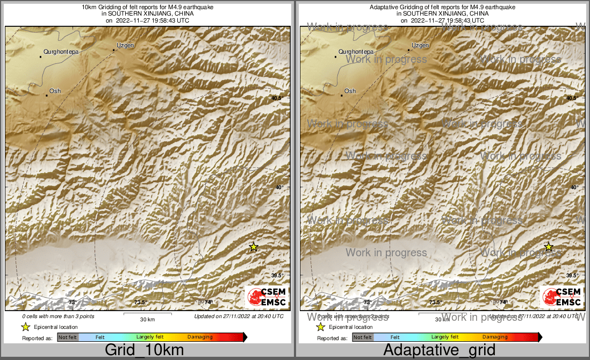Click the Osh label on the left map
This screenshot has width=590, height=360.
55,91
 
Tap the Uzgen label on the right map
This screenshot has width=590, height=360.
420,46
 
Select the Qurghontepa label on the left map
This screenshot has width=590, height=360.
61,52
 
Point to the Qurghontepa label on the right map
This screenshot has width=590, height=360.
356,52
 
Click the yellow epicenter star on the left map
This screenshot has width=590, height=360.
254,247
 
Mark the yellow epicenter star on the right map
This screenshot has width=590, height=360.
548,247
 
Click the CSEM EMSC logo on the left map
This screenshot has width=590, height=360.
267,297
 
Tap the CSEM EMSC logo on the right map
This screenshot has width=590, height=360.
562,297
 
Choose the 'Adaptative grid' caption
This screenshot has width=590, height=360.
440,350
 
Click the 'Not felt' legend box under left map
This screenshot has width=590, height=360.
68,337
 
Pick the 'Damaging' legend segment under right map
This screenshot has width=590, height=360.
495,337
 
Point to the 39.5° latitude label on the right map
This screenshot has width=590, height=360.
572,276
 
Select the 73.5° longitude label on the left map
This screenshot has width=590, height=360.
140,303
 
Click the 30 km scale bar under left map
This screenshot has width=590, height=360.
148,314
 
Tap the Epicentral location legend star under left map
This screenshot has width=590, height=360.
25,327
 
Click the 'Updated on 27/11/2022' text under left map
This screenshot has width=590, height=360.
239,316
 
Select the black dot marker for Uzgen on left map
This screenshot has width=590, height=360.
113,51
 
